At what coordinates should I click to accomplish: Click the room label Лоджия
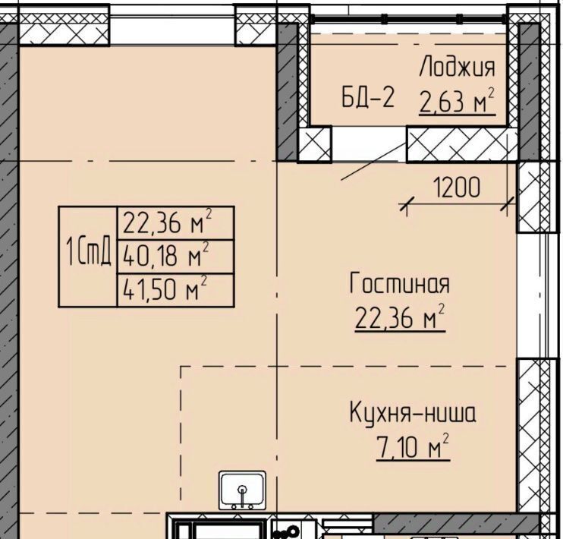(x=457, y=67)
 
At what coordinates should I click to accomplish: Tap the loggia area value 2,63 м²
(x=457, y=101)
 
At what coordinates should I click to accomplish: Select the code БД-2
(x=368, y=97)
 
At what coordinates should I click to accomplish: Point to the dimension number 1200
(x=456, y=188)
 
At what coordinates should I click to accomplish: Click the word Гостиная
(x=399, y=283)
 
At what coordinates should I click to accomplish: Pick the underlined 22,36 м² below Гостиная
(x=400, y=317)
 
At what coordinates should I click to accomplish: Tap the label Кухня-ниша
(x=413, y=413)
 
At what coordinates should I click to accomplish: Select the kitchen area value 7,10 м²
(x=413, y=446)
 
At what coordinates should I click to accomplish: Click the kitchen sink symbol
(x=243, y=490)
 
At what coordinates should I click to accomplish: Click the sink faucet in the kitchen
(x=242, y=495)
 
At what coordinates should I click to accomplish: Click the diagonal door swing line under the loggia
(x=373, y=161)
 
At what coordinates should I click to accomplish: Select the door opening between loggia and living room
(x=369, y=143)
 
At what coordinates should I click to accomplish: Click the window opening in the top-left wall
(x=172, y=30)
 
